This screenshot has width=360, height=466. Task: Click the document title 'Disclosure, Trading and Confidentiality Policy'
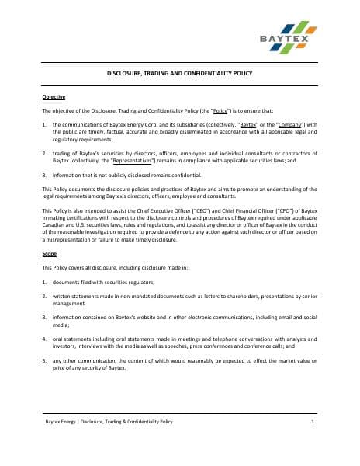pos(179,74)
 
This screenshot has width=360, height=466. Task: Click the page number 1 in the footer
pos(312,421)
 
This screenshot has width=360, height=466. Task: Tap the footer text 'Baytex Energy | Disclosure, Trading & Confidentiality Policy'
pos(109,421)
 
